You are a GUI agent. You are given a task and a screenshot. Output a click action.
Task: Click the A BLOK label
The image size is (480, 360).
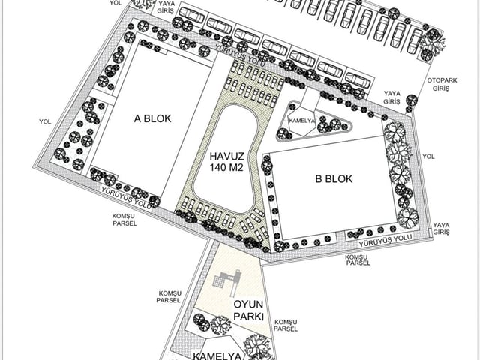point(152,118)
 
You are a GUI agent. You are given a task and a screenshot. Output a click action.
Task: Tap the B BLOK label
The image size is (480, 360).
point(334,178)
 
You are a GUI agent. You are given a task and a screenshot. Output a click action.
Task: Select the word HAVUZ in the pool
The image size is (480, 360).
point(226,157)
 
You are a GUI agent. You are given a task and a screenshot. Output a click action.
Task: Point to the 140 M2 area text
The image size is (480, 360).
point(226,167)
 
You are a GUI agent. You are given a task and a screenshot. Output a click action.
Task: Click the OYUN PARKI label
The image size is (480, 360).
point(248,310)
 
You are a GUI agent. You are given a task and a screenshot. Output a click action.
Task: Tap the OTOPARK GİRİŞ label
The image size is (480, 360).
point(442,85)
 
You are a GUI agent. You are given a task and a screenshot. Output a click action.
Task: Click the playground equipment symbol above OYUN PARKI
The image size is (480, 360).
point(228,282)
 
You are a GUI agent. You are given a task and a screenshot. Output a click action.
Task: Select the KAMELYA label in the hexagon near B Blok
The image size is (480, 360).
point(302,121)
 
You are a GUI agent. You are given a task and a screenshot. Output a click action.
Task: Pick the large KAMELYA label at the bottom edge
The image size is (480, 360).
point(217,356)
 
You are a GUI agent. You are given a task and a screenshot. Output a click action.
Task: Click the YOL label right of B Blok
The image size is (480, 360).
point(428,157)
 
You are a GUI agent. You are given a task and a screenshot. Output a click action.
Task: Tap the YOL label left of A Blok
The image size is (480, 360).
point(45,121)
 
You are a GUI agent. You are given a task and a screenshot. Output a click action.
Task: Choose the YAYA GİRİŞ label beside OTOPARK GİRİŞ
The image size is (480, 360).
point(392,97)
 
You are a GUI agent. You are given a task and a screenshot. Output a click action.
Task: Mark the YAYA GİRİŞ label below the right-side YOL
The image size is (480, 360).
point(442,229)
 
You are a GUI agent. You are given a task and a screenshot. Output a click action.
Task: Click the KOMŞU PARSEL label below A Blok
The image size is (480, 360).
point(124,220)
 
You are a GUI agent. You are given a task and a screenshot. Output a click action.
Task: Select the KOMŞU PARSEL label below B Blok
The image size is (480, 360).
point(358,260)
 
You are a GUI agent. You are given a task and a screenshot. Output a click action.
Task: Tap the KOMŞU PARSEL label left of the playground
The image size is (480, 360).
point(169,297)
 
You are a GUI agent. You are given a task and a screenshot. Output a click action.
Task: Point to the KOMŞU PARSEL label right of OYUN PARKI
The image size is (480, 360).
point(286,325)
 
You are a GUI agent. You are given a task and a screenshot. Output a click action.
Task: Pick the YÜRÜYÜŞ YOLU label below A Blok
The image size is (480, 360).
point(127,198)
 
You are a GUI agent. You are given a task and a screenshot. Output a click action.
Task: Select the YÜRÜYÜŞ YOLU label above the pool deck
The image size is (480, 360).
point(240,55)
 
